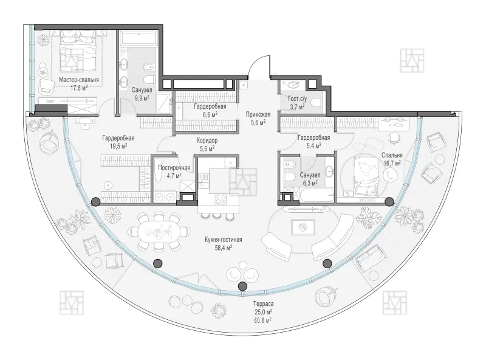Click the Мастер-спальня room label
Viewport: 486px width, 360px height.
click(x=79, y=80)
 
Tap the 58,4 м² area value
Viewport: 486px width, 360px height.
click(x=224, y=247)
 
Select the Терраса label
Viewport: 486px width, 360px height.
click(x=263, y=304)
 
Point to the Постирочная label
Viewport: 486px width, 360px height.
click(x=174, y=168)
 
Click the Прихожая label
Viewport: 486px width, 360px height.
click(x=258, y=114)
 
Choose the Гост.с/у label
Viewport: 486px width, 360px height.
click(x=297, y=99)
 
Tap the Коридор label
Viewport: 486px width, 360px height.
click(x=207, y=140)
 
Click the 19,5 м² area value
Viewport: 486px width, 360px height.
click(x=118, y=146)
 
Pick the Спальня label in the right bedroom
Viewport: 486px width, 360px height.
click(x=392, y=155)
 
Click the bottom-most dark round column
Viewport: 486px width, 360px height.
click(x=242, y=286)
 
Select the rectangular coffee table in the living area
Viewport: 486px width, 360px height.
click(x=302, y=227)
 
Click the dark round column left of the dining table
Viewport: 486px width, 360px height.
click(x=95, y=202)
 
